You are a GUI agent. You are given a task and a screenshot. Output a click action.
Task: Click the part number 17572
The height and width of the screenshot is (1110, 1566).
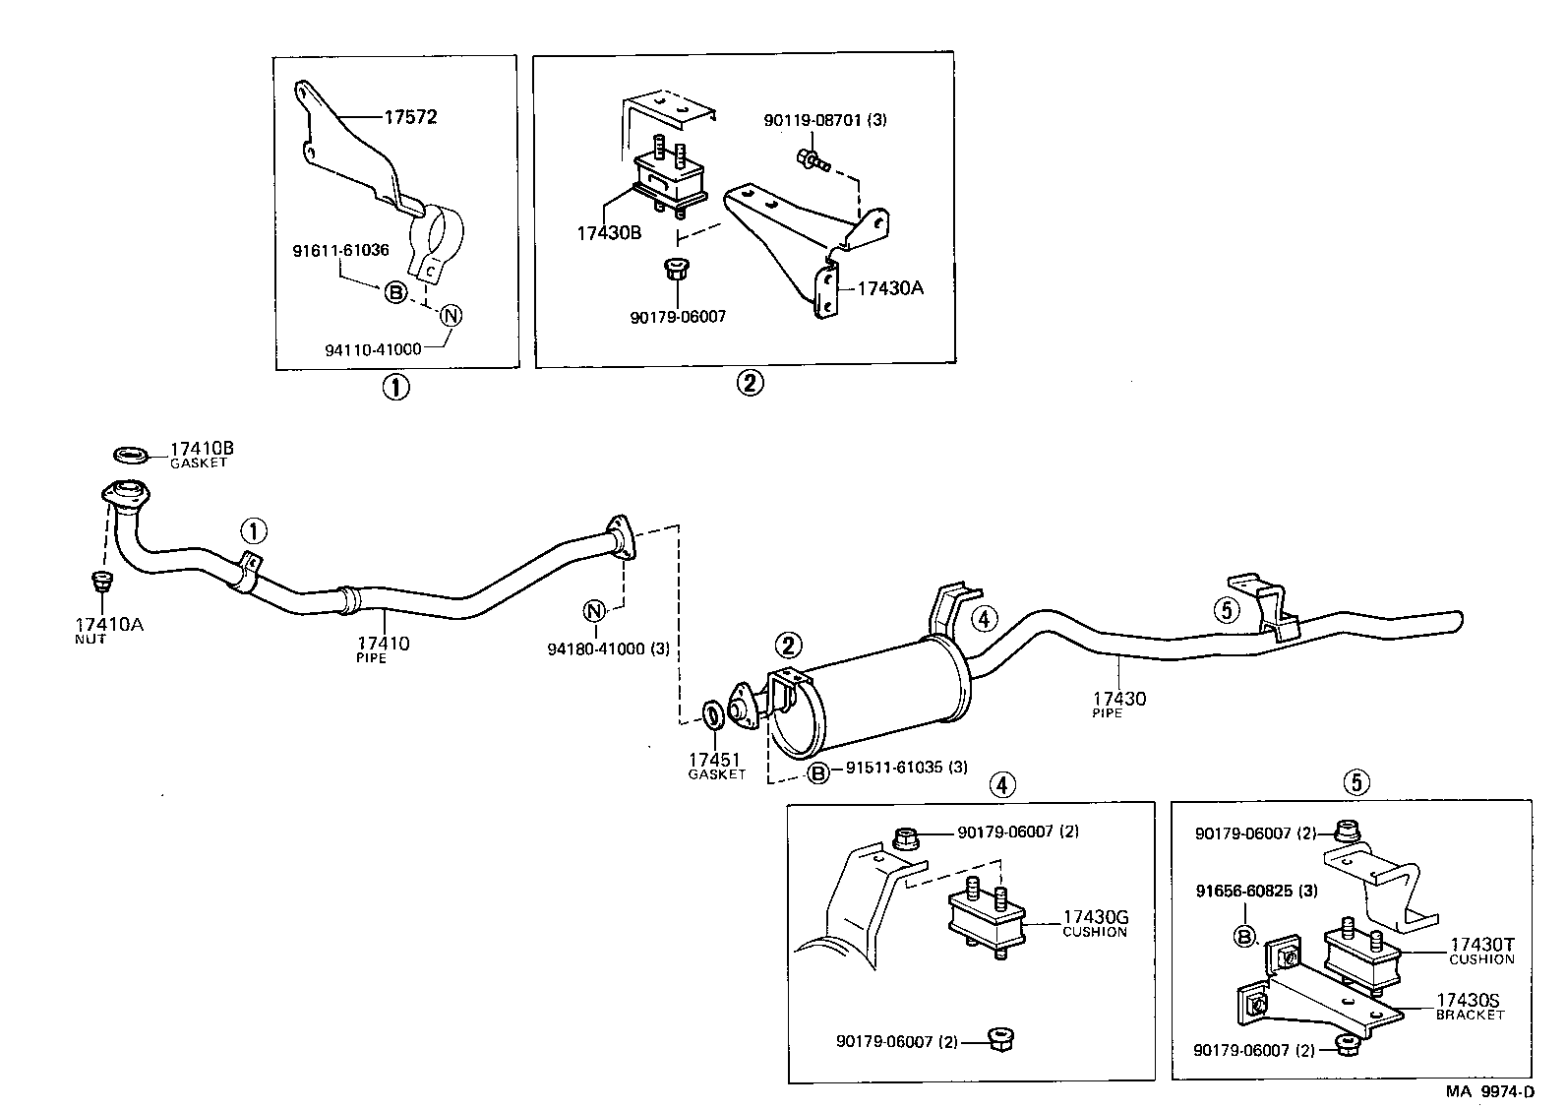(410, 117)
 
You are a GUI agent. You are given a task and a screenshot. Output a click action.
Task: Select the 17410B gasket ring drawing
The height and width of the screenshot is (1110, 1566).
(131, 455)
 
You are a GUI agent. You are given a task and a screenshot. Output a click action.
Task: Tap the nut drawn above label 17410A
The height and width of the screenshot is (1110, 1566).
(99, 582)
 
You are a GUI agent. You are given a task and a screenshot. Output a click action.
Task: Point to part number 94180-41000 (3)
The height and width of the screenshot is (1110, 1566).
(608, 649)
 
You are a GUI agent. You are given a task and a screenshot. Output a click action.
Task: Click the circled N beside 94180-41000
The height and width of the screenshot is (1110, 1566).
(593, 611)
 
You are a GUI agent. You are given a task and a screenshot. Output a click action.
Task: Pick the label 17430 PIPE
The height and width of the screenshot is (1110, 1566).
(1118, 704)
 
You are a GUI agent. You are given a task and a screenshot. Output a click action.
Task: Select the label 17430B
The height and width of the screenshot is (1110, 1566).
(609, 233)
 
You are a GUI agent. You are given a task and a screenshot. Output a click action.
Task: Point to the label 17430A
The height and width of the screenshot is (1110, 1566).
(890, 288)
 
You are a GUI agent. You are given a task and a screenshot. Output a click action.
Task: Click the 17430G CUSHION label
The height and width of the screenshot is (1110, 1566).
(1094, 924)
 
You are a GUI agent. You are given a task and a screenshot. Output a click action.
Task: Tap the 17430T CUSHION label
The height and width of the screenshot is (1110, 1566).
(1481, 950)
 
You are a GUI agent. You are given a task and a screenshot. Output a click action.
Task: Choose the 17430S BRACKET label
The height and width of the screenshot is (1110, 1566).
(1470, 1006)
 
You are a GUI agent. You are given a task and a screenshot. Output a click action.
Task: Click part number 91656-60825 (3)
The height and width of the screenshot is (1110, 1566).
(1256, 892)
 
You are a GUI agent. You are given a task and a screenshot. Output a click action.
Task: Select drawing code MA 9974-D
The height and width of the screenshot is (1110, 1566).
(1489, 1091)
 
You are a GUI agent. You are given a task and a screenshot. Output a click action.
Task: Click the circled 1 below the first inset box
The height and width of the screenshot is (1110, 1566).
(395, 388)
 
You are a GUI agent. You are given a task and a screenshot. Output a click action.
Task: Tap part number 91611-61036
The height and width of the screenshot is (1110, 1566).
(340, 251)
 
